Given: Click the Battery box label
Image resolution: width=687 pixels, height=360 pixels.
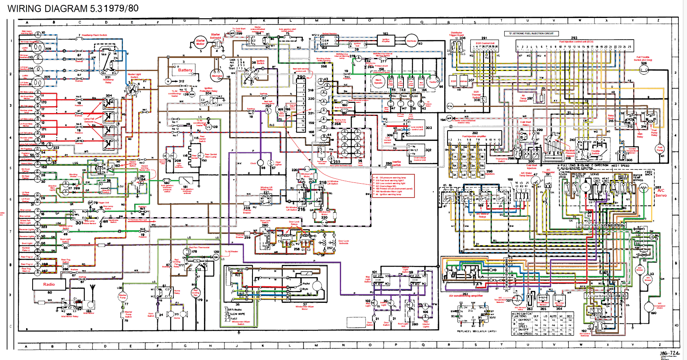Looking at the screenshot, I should [185, 70].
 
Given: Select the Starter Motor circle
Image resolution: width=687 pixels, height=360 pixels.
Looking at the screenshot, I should [200, 42].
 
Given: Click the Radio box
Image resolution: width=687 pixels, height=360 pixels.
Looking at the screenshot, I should [49, 284].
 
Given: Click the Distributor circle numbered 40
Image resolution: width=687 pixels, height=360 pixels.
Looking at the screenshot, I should [412, 41].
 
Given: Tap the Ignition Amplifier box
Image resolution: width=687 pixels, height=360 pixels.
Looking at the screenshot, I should [386, 40].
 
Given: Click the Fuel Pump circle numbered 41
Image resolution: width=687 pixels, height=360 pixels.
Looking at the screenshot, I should [660, 149].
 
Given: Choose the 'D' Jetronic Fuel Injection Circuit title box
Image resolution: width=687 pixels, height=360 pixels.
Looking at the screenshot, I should [531, 33].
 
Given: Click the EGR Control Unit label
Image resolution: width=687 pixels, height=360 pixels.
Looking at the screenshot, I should [485, 43].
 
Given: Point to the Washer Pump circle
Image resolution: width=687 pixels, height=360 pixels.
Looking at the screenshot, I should [123, 297].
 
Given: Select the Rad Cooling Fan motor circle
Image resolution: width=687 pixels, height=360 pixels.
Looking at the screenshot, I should [196, 293].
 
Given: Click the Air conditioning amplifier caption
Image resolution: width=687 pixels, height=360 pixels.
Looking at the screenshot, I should [466, 296].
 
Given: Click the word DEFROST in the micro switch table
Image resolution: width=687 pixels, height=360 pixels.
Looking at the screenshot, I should [525, 320].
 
